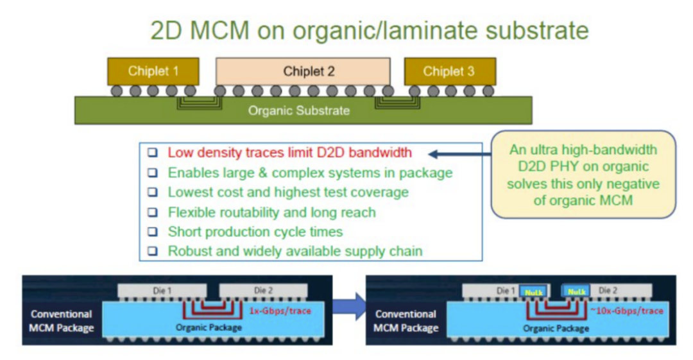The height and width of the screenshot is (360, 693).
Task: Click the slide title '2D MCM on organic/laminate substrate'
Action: pyautogui.click(x=369, y=30)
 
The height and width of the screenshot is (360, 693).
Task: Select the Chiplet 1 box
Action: pyautogui.click(x=153, y=71)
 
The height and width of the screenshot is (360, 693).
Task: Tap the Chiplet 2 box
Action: pyautogui.click(x=302, y=71)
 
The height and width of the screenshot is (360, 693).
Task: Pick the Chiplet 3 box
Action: pyautogui.click(x=449, y=71)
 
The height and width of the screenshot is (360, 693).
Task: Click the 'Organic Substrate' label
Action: pyautogui.click(x=299, y=110)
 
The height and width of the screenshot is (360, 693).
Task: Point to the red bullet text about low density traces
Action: pyautogui.click(x=289, y=153)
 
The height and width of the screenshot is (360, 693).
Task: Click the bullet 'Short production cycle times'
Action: pyautogui.click(x=255, y=232)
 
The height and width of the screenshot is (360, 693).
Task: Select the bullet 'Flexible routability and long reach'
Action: pyautogui.click(x=271, y=212)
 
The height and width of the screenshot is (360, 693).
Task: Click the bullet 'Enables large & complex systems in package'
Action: pyautogui.click(x=310, y=173)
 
